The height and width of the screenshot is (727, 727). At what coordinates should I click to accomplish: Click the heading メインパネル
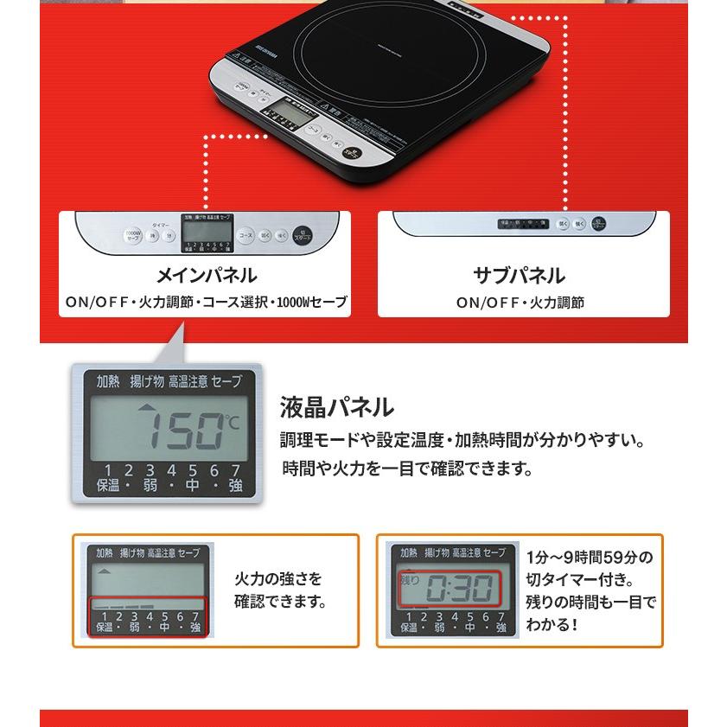coord(206,276)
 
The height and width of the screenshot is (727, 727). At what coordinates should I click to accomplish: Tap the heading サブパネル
coord(519,276)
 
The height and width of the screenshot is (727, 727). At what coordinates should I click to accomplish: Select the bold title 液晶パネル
coord(336,406)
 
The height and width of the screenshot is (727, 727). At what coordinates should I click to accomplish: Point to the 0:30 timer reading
coord(460,590)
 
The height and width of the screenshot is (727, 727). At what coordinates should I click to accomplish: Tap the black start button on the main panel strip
coord(301,235)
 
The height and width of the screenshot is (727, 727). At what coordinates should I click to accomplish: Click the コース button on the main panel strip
coord(246,234)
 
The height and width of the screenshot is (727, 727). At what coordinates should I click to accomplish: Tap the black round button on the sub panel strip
coord(603,224)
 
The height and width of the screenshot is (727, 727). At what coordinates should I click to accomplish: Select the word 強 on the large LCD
coord(235,486)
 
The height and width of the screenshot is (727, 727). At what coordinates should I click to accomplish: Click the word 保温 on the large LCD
coord(108,486)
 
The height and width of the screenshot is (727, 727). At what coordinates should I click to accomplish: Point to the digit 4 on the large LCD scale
coord(171,470)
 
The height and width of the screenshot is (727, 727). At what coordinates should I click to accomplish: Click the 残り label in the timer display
coord(409,581)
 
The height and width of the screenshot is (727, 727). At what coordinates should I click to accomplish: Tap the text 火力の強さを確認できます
coord(281,590)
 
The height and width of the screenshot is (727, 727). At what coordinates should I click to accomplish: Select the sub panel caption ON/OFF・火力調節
coord(520,303)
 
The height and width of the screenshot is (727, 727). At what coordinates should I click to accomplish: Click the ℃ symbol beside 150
coord(233,421)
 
